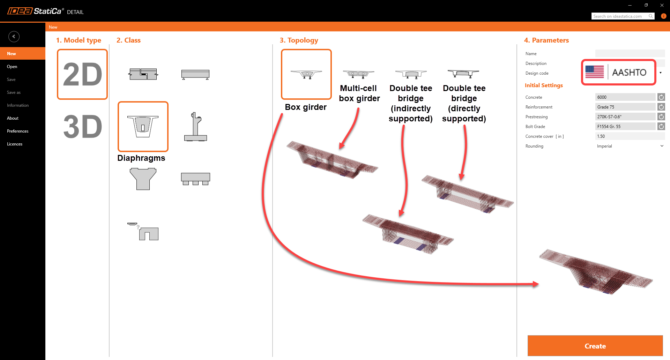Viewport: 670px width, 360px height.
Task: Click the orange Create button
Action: coord(595,346)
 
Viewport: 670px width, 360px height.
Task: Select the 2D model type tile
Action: coord(82,74)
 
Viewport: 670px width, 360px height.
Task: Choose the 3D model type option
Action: coord(82,126)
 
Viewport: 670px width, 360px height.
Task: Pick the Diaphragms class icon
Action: coord(143,126)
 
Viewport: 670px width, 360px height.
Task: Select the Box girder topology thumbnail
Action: coord(306,74)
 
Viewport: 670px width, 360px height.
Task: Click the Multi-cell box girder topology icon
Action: coord(358,74)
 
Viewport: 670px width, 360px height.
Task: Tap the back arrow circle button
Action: coord(14,37)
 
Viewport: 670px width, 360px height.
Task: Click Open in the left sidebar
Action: coord(12,67)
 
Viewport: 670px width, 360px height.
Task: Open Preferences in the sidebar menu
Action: coord(18,131)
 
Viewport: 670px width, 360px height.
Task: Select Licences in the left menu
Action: coord(15,144)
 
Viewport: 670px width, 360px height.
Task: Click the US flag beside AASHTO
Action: coord(595,72)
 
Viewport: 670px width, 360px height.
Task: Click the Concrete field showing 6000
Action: coord(625,97)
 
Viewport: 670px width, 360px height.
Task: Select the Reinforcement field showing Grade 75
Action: coord(625,107)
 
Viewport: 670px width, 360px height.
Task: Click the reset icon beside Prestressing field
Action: coord(661,117)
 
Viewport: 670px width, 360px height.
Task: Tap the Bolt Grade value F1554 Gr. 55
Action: coord(625,127)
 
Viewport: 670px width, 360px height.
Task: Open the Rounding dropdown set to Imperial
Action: coord(630,146)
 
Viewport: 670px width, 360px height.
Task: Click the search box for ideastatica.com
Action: coord(620,16)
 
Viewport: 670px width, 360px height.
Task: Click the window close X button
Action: coord(662,5)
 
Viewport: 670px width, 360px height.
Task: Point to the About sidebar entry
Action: coord(13,118)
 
